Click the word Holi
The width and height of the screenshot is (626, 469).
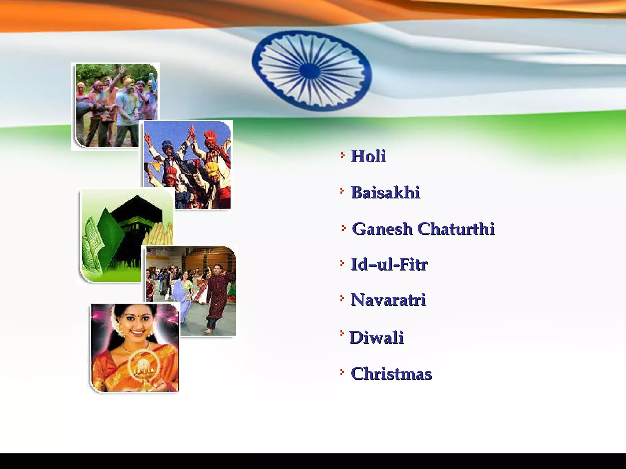(x=368, y=156)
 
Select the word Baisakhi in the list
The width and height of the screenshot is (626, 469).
(x=386, y=193)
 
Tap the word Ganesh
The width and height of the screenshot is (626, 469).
(x=382, y=229)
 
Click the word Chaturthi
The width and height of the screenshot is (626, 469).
(x=456, y=229)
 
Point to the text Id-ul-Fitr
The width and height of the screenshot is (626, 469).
(x=389, y=264)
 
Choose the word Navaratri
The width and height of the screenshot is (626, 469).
(x=388, y=300)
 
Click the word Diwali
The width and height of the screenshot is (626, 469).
(x=377, y=338)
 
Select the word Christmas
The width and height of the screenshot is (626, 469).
(x=391, y=374)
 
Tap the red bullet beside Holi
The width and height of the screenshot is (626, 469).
(x=342, y=156)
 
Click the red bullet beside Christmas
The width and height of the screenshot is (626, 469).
(x=342, y=372)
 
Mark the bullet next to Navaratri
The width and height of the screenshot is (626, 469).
(x=342, y=298)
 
